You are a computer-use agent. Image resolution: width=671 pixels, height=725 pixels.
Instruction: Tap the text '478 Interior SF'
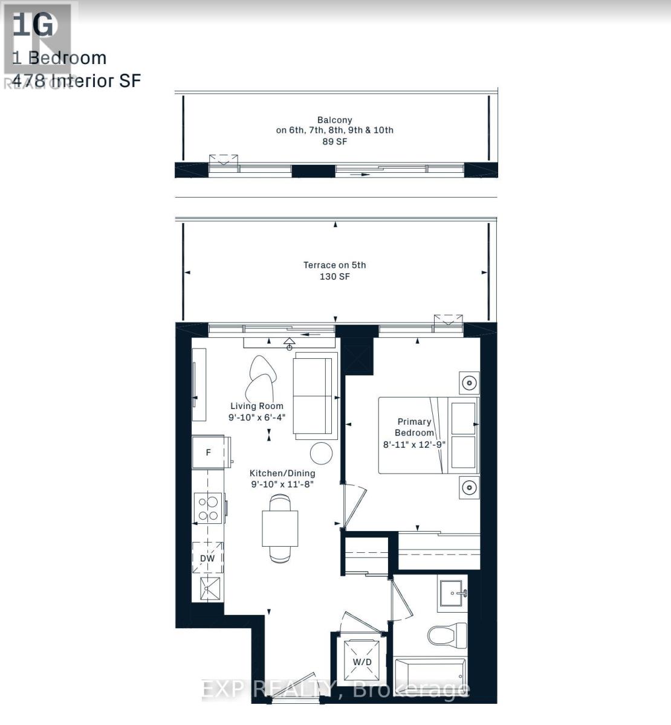(x=76, y=80)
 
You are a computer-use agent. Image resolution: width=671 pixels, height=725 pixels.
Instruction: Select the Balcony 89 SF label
(x=334, y=130)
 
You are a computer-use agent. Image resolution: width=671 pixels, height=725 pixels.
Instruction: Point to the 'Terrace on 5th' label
(x=334, y=265)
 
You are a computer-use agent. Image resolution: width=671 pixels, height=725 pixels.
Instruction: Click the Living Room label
(x=256, y=406)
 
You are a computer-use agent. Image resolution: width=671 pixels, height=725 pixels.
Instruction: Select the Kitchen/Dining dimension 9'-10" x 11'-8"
(x=282, y=484)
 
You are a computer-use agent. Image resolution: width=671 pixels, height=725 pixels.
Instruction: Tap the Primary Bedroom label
(x=414, y=427)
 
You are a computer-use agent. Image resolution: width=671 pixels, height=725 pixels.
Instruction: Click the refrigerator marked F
(x=208, y=452)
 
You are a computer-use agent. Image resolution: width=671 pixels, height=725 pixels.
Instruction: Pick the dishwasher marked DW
(x=207, y=558)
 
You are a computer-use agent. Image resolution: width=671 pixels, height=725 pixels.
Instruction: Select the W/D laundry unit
(x=362, y=662)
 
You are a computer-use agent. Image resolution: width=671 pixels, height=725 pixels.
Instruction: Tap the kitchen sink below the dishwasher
(x=208, y=588)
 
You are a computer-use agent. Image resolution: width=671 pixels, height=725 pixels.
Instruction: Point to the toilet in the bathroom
(x=447, y=634)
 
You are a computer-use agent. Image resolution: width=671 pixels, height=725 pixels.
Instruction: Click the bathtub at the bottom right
(x=430, y=677)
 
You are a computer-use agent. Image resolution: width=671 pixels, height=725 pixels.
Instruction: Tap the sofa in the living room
(x=314, y=396)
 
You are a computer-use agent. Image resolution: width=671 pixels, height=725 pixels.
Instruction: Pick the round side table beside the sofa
(x=321, y=453)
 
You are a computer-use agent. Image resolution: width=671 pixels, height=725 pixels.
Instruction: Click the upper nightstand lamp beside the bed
(x=468, y=382)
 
